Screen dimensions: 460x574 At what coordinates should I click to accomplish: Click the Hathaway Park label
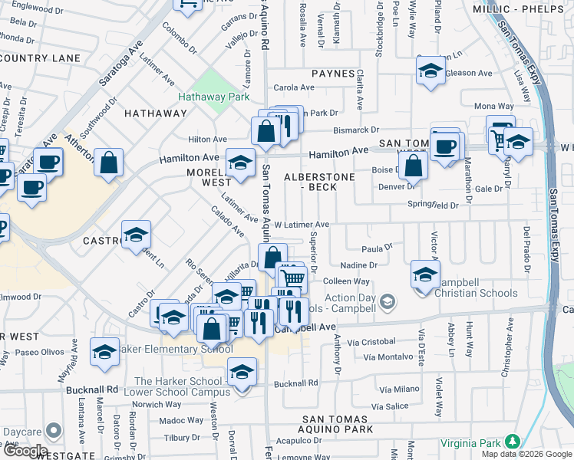point(214,97)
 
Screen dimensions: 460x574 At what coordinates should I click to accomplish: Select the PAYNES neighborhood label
point(333,74)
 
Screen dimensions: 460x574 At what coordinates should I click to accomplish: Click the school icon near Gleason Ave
point(431,71)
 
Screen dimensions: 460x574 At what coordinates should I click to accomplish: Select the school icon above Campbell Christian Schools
point(425,274)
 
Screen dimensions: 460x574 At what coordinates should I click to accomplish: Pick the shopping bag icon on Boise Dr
point(413,165)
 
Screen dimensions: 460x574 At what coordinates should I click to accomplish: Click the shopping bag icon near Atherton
point(110,163)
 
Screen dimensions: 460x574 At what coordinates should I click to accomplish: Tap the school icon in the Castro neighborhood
point(136,235)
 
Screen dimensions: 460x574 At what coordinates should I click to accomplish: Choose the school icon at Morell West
point(241,163)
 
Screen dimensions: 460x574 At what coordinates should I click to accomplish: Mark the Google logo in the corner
point(25,452)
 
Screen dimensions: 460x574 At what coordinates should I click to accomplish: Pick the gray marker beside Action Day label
point(388,300)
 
